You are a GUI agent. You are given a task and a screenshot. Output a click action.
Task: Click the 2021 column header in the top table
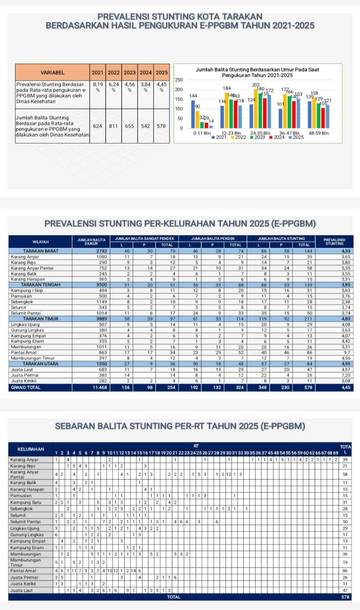coord(97,74)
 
